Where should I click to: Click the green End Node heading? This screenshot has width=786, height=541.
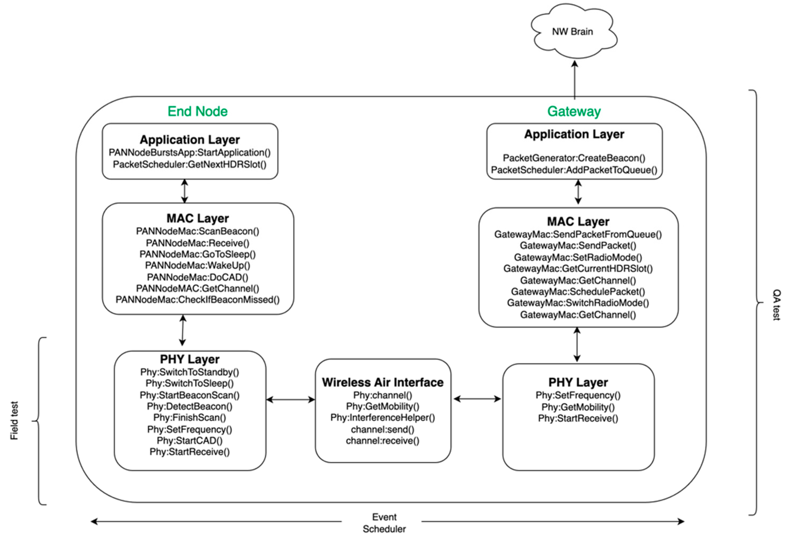tap(197, 111)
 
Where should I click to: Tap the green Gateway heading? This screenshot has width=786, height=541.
tap(574, 111)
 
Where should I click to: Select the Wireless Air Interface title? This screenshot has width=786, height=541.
tap(382, 382)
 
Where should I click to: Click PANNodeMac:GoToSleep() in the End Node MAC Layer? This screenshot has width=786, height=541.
tap(198, 254)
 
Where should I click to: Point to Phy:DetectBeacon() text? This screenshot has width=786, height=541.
tap(190, 407)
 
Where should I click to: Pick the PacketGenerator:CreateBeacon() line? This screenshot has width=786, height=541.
tap(574, 158)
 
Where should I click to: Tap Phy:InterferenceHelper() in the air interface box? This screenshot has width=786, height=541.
tap(382, 418)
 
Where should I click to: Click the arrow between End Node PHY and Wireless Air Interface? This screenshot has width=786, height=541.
tap(291, 400)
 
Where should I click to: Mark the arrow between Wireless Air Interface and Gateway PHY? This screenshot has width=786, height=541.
tap(477, 399)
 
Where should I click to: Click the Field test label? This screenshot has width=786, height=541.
tap(14, 421)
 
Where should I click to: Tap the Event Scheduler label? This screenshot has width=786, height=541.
tap(384, 523)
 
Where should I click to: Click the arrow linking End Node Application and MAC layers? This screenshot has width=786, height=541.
tap(185, 191)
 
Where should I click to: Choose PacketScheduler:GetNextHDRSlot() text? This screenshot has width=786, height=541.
tap(190, 164)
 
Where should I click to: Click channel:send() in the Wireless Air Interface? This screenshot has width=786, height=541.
tap(382, 429)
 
